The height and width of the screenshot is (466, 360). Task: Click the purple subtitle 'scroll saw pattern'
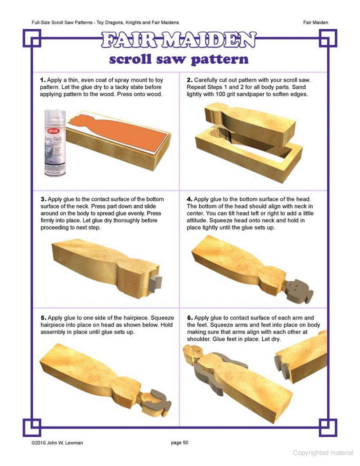tap(178, 59)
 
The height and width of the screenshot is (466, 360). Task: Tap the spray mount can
tap(55, 143)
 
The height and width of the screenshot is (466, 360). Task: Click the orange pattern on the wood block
tap(119, 132)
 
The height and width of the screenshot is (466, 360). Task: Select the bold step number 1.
tap(43, 80)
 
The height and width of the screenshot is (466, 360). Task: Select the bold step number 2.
tap(190, 80)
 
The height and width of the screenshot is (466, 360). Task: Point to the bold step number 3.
tap(44, 199)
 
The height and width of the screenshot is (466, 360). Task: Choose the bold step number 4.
tap(190, 199)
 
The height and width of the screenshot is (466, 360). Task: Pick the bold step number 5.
tap(44, 318)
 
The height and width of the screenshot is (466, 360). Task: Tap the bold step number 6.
tap(190, 318)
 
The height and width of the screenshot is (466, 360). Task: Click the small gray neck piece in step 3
tap(155, 283)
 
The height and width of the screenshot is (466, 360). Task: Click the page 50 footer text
tap(179, 442)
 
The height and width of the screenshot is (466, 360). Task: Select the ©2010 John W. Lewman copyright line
tap(57, 443)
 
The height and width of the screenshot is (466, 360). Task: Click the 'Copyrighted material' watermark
tap(323, 453)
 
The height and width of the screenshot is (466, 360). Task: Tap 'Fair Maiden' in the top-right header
tap(316, 22)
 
